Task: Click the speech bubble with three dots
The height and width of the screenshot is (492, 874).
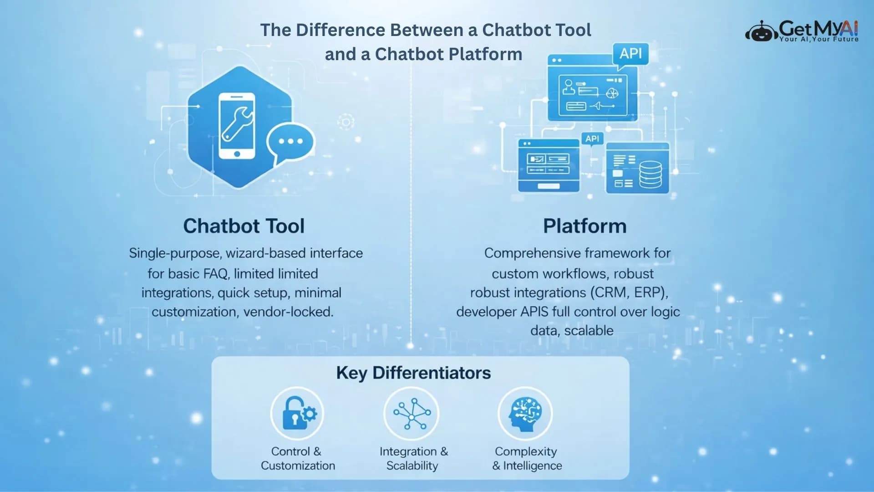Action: click(x=291, y=142)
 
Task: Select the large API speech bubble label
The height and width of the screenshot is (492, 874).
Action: click(x=630, y=54)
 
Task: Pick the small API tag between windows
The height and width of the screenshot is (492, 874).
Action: click(x=592, y=138)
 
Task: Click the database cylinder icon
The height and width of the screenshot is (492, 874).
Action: click(x=650, y=174)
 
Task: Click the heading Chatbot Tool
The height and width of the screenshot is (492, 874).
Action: click(x=244, y=226)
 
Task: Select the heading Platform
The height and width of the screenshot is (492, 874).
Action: click(x=584, y=226)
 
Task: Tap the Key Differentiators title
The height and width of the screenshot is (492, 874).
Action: click(x=413, y=373)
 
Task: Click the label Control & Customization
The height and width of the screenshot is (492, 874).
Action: click(x=298, y=458)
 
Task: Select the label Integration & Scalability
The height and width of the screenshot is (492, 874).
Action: click(x=413, y=458)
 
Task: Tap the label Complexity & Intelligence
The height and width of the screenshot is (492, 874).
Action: click(x=527, y=458)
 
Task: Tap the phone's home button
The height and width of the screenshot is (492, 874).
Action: click(x=237, y=154)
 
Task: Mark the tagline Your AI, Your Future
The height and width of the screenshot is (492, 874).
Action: click(x=818, y=40)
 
